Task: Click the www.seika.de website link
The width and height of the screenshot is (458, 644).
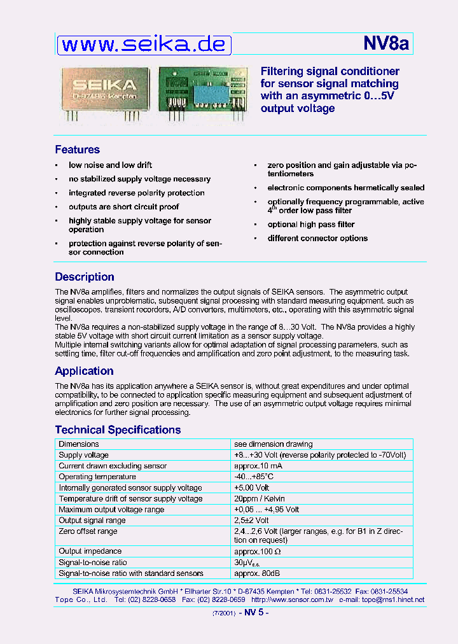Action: pyautogui.click(x=144, y=45)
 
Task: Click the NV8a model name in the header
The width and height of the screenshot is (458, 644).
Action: pyautogui.click(x=385, y=44)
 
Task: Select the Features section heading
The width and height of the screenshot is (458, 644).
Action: pyautogui.click(x=77, y=150)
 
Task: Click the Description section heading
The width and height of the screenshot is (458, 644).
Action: pyautogui.click(x=85, y=277)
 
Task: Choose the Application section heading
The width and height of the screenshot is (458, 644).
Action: pyautogui.click(x=84, y=371)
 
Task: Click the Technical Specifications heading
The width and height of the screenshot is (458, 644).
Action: pyautogui.click(x=118, y=430)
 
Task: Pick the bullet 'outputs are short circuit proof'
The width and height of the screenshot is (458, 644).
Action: pyautogui.click(x=123, y=207)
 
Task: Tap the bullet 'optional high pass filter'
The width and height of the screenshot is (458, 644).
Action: pyautogui.click(x=310, y=225)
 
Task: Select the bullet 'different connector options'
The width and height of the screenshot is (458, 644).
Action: pyautogui.click(x=317, y=239)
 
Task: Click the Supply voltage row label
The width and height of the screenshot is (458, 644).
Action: pyautogui.click(x=83, y=455)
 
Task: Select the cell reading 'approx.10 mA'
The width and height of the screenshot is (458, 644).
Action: pyautogui.click(x=258, y=466)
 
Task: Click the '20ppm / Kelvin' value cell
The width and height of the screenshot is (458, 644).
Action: pyautogui.click(x=260, y=499)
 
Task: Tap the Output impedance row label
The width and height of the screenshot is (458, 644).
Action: pyautogui.click(x=90, y=551)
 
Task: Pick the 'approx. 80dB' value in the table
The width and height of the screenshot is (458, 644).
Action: pyautogui.click(x=258, y=573)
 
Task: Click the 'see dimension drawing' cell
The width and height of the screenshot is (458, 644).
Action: pyautogui.click(x=274, y=444)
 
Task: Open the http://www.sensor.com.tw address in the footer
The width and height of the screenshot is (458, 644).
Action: pyautogui.click(x=292, y=599)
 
